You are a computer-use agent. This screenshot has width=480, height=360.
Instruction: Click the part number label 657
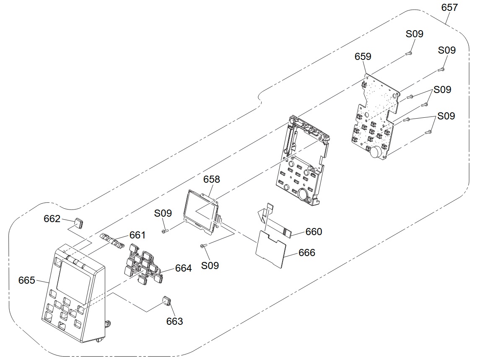click(x=449, y=8)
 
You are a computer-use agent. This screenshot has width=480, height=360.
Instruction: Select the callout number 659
click(x=363, y=56)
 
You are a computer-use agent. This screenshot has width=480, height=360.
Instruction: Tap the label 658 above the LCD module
click(x=212, y=179)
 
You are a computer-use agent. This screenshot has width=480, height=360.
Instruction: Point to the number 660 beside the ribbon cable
click(x=314, y=232)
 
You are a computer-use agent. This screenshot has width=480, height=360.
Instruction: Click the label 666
click(x=307, y=253)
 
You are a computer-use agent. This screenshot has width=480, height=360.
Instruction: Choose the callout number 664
click(x=183, y=268)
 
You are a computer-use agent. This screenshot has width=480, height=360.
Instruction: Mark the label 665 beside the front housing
click(x=27, y=280)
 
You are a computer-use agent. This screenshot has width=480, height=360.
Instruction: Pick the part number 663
click(x=174, y=321)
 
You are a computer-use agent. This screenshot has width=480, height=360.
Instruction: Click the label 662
click(x=52, y=219)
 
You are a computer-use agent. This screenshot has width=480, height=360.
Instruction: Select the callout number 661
click(x=138, y=235)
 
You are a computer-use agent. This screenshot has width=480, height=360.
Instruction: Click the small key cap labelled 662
click(x=79, y=223)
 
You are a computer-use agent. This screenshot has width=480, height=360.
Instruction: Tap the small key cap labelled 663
click(x=167, y=301)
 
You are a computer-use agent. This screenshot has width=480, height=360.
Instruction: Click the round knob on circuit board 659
click(x=376, y=152)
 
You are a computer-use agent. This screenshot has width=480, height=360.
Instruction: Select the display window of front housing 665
click(x=74, y=278)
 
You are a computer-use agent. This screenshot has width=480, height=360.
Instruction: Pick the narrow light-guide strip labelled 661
click(x=112, y=240)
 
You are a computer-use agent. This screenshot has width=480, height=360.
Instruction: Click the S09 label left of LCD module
click(x=163, y=213)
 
